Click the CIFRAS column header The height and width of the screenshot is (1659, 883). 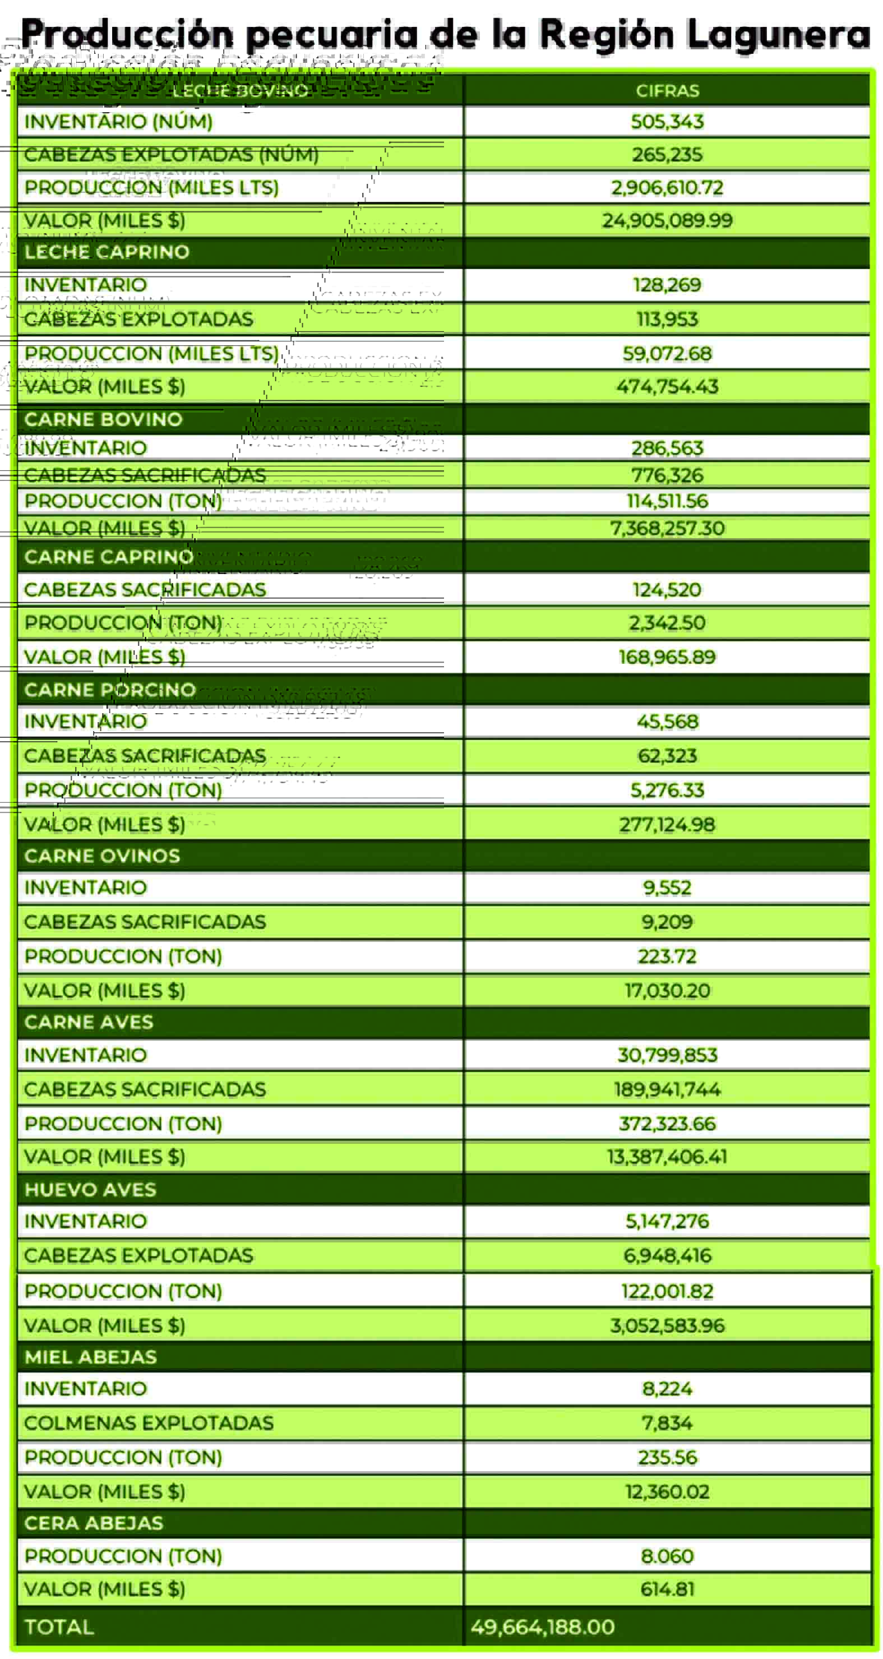[667, 91]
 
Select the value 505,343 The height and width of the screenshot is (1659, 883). [667, 122]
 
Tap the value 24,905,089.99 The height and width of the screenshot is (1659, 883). [667, 221]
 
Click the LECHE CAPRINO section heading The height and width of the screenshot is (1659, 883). [107, 252]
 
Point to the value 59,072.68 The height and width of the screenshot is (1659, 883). [667, 354]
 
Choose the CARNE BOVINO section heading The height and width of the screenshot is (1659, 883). [104, 419]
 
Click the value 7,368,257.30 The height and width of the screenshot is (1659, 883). [667, 529]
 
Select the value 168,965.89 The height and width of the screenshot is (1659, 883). [667, 658]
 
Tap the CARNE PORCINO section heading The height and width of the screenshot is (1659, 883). [110, 690]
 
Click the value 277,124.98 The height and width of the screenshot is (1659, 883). [667, 825]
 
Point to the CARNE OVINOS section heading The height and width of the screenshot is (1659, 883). [103, 856]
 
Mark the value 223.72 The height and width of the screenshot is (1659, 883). [667, 956]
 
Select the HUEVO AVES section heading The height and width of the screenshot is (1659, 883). [91, 1190]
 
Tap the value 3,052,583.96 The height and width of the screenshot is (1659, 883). [667, 1325]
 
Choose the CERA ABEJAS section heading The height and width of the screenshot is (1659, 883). [94, 1523]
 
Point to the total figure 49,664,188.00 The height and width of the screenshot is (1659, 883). [542, 1628]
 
